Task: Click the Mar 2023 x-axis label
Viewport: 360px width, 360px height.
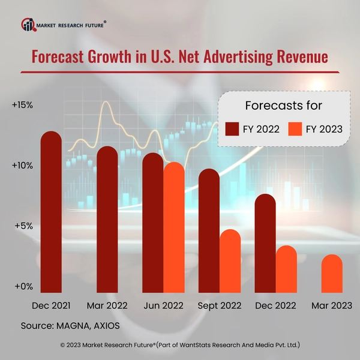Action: [x=332, y=305]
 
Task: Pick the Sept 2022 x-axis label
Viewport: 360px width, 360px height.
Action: [x=219, y=305]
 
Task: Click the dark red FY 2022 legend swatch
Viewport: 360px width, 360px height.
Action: [x=232, y=129]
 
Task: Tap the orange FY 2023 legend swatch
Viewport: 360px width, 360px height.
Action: [x=295, y=129]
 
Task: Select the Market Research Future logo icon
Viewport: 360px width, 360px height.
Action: [x=28, y=24]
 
